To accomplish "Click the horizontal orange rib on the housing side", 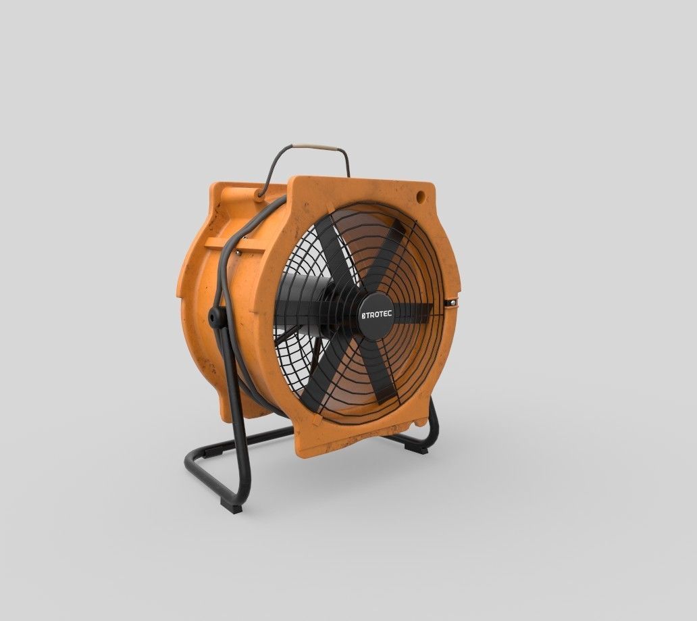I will [x=233, y=243].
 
